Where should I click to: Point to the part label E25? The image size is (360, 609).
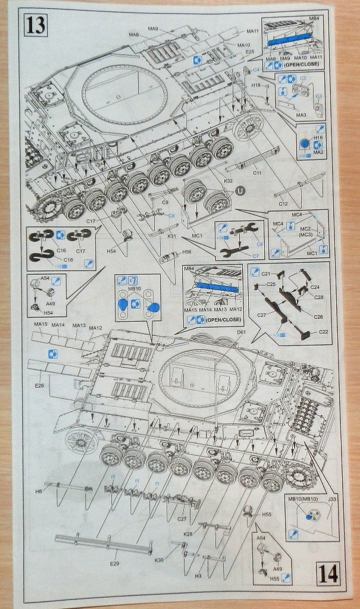coord(249,52)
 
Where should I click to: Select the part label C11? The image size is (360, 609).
coord(257,172)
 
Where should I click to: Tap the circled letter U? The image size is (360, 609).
coord(240,191)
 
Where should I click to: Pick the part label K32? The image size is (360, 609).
coord(228,180)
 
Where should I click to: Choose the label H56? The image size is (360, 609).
coord(187,253)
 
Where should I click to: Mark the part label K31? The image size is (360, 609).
coord(172,237)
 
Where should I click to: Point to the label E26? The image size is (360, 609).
coord(40,385)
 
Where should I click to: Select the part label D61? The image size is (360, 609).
coord(241,332)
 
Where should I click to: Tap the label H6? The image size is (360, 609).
coord(39,491)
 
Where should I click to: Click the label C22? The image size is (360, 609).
coord(324,331)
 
